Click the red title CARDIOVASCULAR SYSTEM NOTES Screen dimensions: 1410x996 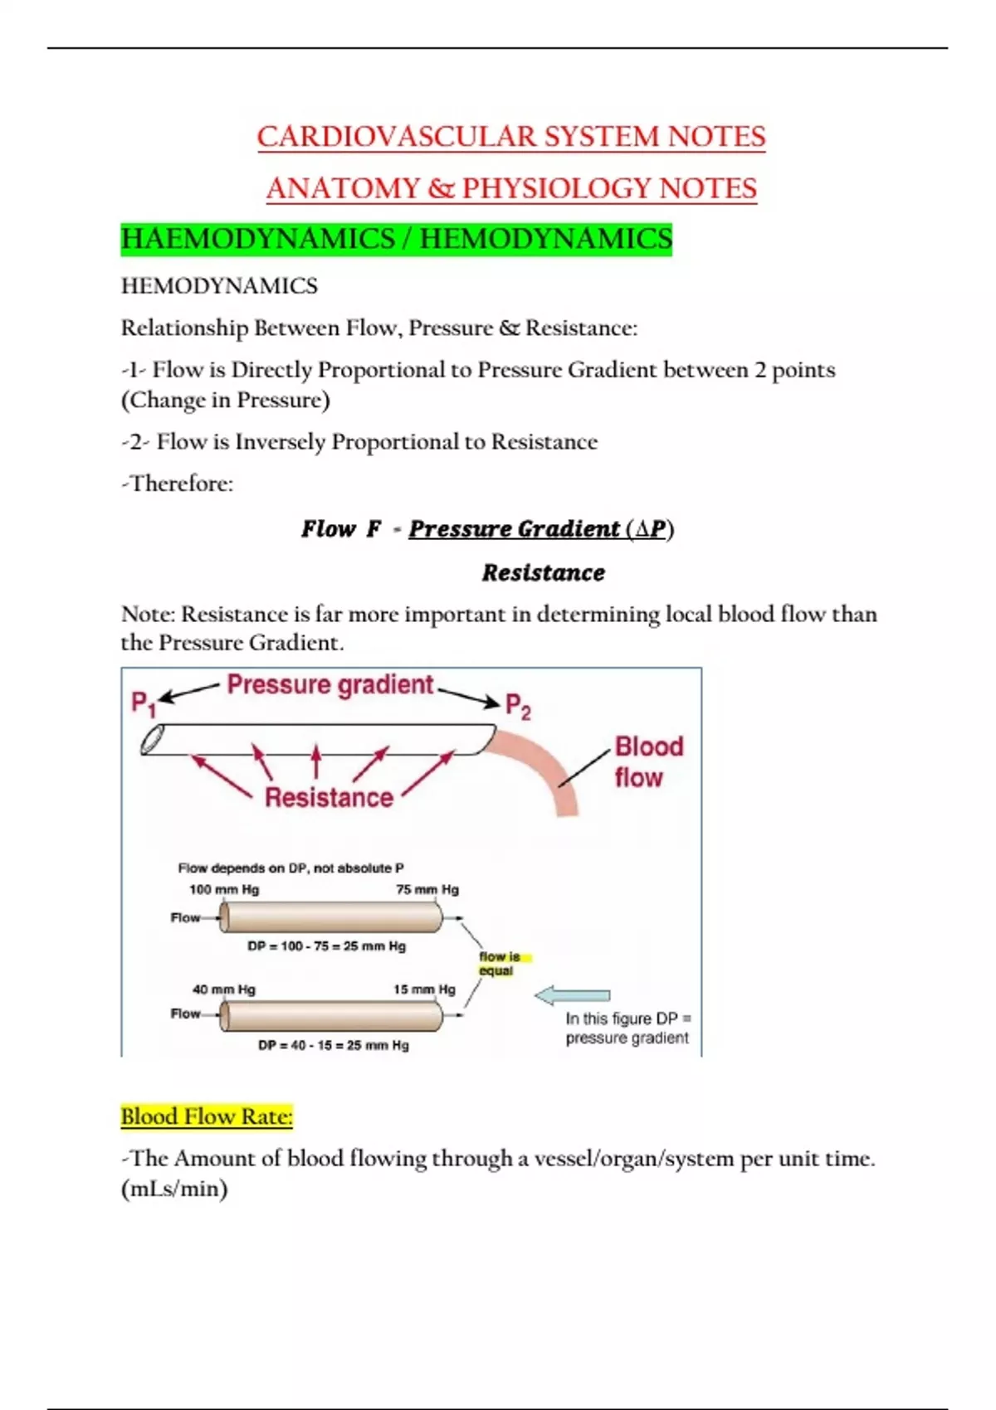[510, 137]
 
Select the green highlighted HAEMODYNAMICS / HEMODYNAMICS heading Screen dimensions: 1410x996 [396, 239]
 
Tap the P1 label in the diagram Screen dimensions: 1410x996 [144, 704]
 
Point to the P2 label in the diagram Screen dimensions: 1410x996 [518, 707]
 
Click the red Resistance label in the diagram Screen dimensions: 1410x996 [329, 797]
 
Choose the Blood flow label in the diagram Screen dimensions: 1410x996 [648, 761]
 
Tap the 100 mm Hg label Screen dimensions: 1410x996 [224, 889]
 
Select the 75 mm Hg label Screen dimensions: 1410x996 [427, 889]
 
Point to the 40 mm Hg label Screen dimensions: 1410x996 [224, 989]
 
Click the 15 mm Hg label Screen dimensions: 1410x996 [424, 989]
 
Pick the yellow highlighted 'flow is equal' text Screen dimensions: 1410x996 [499, 964]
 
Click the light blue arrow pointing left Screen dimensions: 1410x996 [573, 995]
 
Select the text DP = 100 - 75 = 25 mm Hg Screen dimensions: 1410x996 [327, 946]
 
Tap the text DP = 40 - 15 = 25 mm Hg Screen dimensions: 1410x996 [334, 1045]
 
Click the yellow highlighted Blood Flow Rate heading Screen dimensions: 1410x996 [207, 1116]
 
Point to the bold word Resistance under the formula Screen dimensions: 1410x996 [544, 572]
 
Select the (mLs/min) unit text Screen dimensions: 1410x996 [174, 1189]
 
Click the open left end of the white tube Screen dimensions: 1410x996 [152, 739]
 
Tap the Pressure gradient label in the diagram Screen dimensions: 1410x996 [330, 684]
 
